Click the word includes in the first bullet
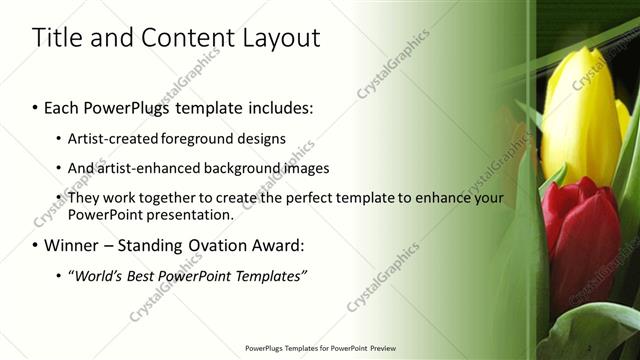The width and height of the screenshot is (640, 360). [277, 107]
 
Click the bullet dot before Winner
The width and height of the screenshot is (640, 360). [36, 245]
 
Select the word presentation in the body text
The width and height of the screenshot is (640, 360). [184, 214]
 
